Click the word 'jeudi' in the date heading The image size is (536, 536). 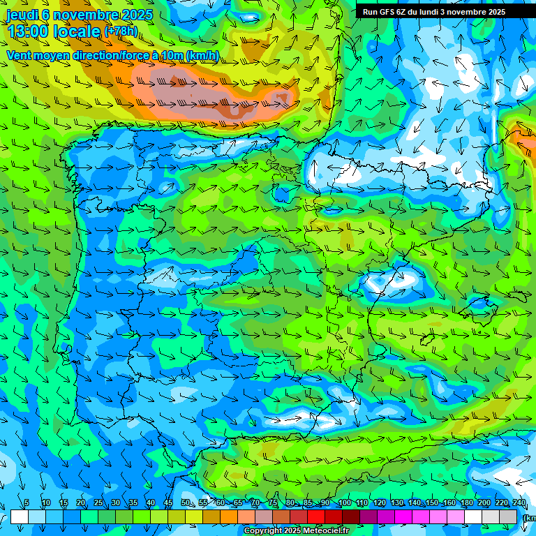[x=22, y=15]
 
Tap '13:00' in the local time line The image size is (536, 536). [x=28, y=31]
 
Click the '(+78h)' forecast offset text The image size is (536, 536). [x=121, y=31]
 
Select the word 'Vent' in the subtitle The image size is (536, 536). [x=19, y=56]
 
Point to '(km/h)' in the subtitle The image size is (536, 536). [x=202, y=56]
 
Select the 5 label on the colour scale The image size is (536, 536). [x=27, y=502]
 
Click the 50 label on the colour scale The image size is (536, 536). [x=186, y=502]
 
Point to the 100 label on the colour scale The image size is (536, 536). [x=345, y=502]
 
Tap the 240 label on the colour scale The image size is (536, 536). [x=519, y=502]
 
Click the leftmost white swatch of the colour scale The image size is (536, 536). [x=20, y=516]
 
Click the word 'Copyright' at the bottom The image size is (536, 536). [x=263, y=531]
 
